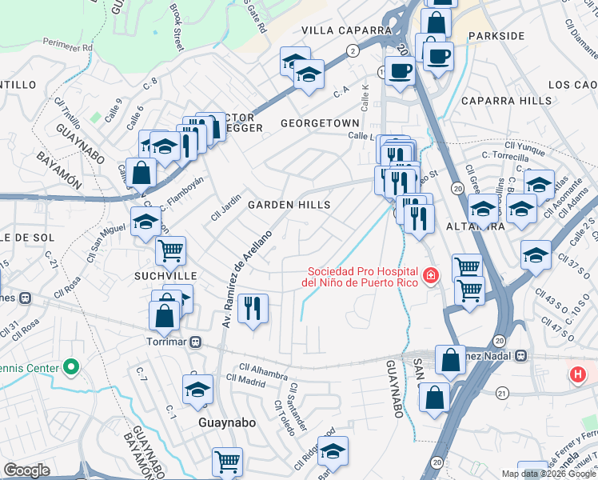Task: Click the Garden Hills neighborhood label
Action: [289, 206]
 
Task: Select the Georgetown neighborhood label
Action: [320, 123]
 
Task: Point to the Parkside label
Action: [496, 36]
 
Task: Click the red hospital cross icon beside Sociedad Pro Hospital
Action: [431, 276]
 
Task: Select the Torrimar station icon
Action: [195, 342]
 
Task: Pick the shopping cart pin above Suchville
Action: [170, 250]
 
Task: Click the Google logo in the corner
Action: [26, 470]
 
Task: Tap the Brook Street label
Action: [176, 26]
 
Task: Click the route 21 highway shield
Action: [502, 393]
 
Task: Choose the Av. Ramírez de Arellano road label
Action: [249, 278]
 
